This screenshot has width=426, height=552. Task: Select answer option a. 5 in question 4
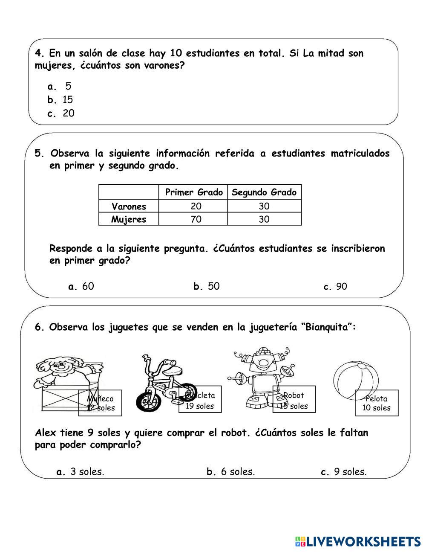(x=60, y=87)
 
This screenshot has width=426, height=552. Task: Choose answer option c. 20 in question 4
(x=61, y=113)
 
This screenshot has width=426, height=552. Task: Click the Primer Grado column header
(x=193, y=192)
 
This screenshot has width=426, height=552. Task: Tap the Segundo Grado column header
(x=264, y=192)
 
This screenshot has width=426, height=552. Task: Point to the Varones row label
(x=129, y=206)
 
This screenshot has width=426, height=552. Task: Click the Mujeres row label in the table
(x=129, y=220)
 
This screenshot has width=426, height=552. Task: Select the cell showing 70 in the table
(x=196, y=220)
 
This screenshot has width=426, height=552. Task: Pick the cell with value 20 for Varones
(x=196, y=206)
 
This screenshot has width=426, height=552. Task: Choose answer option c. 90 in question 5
(x=335, y=287)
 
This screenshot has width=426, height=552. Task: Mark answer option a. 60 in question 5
(x=81, y=286)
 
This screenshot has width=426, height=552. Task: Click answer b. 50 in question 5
(x=207, y=286)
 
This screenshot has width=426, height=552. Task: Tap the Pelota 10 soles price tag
(x=377, y=403)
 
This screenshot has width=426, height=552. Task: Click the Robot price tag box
(x=294, y=400)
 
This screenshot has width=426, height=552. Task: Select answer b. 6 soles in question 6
(x=230, y=472)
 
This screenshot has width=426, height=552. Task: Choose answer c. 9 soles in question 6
(x=343, y=472)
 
